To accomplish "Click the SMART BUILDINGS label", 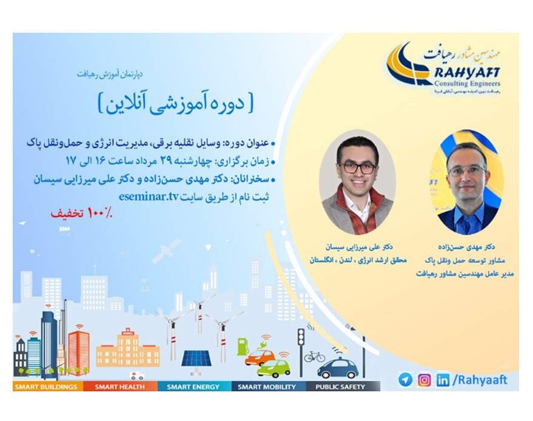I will pyautogui.click(x=46, y=386).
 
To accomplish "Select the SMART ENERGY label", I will pyautogui.click(x=193, y=386).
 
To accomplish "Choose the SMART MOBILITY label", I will pyautogui.click(x=267, y=386).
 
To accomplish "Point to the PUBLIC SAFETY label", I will pyautogui.click(x=340, y=386).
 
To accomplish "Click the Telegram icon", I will pyautogui.click(x=405, y=380).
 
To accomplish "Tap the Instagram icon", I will pyautogui.click(x=424, y=380).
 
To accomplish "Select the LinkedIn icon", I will pyautogui.click(x=443, y=380).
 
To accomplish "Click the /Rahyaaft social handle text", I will pyautogui.click(x=480, y=380).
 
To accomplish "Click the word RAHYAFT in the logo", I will pyautogui.click(x=468, y=73).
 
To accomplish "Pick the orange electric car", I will pyautogui.click(x=260, y=357).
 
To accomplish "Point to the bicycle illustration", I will pyautogui.click(x=315, y=356).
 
